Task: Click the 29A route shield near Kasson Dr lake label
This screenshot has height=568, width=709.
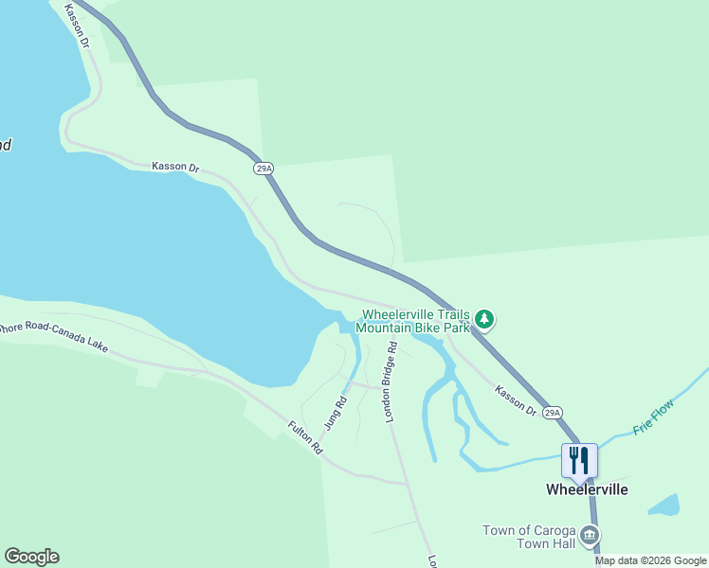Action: pyautogui.click(x=264, y=169)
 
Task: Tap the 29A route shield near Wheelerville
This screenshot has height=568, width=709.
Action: pyautogui.click(x=553, y=413)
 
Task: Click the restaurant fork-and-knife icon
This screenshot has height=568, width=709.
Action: pyautogui.click(x=579, y=460)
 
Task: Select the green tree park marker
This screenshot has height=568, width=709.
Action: pyautogui.click(x=484, y=319)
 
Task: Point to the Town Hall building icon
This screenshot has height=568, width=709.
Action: pyautogui.click(x=590, y=537)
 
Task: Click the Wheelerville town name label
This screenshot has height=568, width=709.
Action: pyautogui.click(x=587, y=489)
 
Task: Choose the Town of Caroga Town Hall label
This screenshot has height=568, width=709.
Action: pyautogui.click(x=529, y=537)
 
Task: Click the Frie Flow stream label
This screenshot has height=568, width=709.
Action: pyautogui.click(x=653, y=416)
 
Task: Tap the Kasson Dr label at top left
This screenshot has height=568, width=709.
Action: pyautogui.click(x=77, y=26)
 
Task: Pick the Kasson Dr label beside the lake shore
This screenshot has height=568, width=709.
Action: pyautogui.click(x=175, y=167)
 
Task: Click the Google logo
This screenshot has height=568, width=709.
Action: pyautogui.click(x=31, y=557)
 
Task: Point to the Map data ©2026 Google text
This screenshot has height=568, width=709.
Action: pyautogui.click(x=651, y=560)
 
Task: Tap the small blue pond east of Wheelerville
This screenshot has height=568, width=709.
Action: pyautogui.click(x=665, y=505)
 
